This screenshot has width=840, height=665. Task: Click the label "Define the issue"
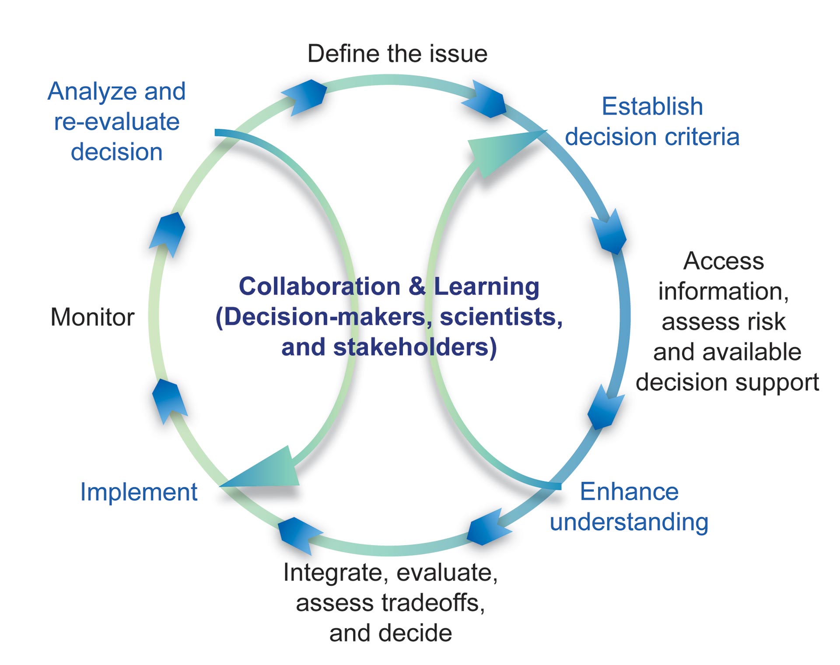[397, 54]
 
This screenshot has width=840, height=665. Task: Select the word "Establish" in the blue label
[652, 106]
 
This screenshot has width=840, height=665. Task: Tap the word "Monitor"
[92, 317]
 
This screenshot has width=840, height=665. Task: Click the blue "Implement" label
[139, 493]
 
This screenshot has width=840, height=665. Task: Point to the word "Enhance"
[629, 492]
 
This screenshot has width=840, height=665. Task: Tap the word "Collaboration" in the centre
[320, 287]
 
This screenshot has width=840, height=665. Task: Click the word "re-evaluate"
[116, 122]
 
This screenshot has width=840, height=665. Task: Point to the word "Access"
[724, 261]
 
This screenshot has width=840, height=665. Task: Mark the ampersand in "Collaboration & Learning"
[417, 287]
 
